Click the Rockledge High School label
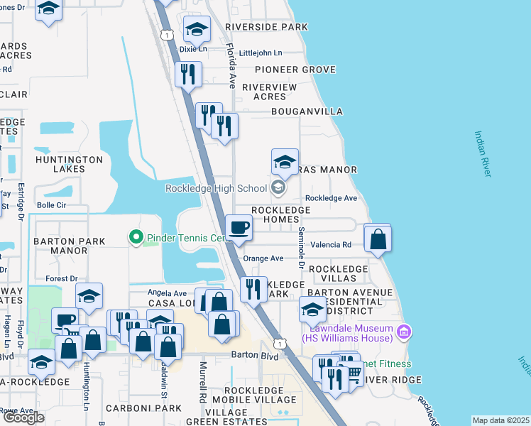pyautogui.click(x=216, y=188)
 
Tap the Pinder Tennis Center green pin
pyautogui.click(x=135, y=236)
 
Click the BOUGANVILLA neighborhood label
pyautogui.click(x=307, y=111)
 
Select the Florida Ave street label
pyautogui.click(x=231, y=67)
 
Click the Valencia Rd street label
pyautogui.click(x=336, y=244)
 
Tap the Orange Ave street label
pyautogui.click(x=263, y=258)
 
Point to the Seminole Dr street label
pyautogui.click(x=301, y=248)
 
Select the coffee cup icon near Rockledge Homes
pyautogui.click(x=239, y=229)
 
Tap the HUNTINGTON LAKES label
pyautogui.click(x=70, y=164)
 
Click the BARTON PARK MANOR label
pyautogui.click(x=70, y=246)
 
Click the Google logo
pyautogui.click(x=23, y=417)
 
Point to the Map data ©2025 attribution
pyautogui.click(x=500, y=420)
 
